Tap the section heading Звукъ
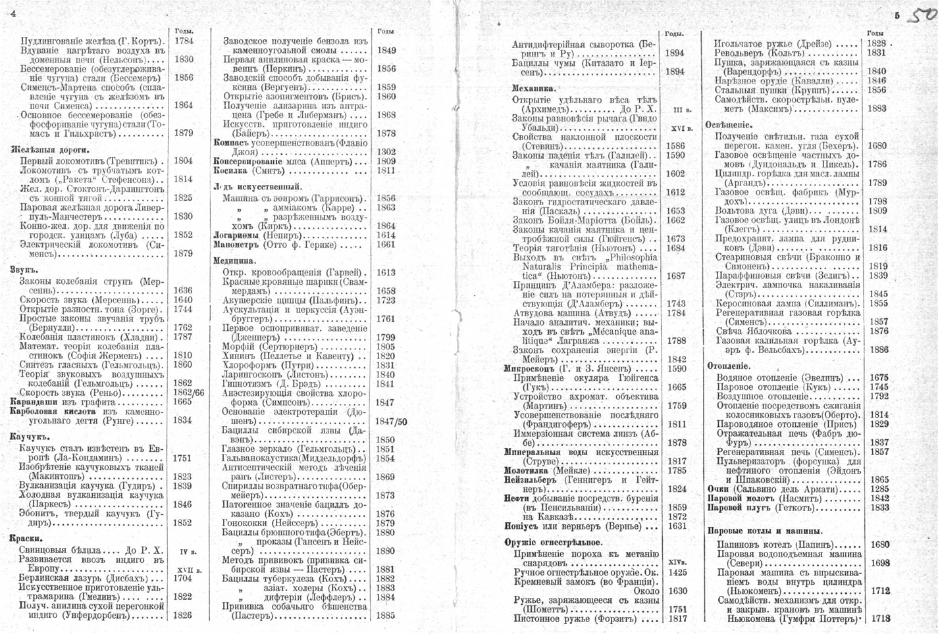(x=24, y=269)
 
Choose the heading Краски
(x=26, y=537)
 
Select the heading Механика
(x=534, y=88)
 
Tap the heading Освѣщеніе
(x=729, y=124)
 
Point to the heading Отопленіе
(x=729, y=366)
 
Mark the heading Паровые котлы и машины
(x=764, y=531)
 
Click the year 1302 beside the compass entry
(x=386, y=152)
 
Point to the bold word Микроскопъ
(x=531, y=369)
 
